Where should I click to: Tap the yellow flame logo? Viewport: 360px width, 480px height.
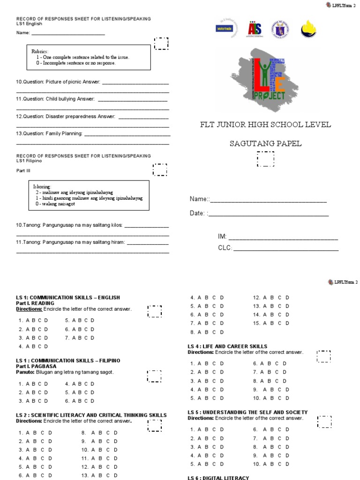307,29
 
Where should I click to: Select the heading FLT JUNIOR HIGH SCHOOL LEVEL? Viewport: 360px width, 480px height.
265,125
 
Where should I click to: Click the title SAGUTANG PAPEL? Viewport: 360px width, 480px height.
265,143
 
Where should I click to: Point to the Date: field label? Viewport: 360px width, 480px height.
196,213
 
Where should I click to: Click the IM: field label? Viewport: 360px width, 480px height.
222,237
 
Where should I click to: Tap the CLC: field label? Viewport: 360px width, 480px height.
225,248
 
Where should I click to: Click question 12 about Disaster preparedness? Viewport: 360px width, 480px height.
66,116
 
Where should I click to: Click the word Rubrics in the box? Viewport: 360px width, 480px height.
40,51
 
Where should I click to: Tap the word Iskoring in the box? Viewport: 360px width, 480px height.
42,187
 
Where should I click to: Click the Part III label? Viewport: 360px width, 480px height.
23,171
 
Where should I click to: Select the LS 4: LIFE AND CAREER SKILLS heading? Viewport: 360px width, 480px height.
227,346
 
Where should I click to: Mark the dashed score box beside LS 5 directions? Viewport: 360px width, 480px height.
324,421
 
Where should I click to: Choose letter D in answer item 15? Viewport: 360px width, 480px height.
287,323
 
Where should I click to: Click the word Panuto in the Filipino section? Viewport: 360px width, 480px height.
24,372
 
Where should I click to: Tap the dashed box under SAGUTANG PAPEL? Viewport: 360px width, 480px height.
266,159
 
